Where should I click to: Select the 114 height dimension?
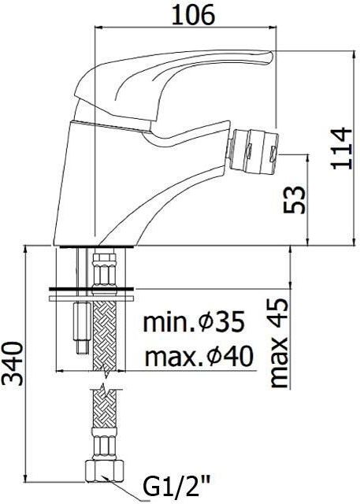[340, 148]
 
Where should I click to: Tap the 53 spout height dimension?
[295, 199]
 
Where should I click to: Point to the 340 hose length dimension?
[13, 363]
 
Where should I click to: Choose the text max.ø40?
[199, 356]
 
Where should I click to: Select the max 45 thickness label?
[277, 343]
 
